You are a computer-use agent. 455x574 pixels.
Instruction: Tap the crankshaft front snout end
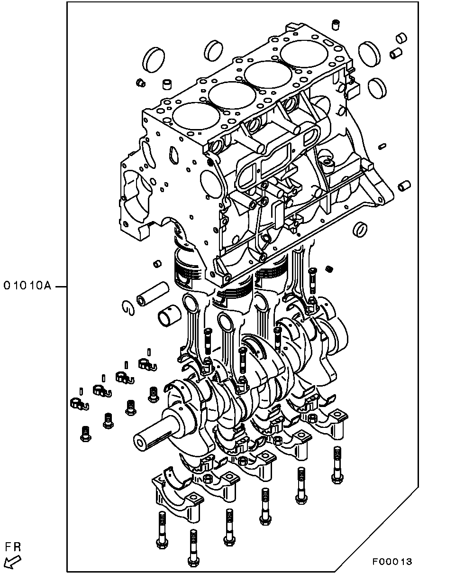(141, 444)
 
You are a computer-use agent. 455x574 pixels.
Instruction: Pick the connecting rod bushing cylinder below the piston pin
(168, 315)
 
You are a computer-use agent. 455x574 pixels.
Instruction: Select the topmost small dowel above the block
(336, 24)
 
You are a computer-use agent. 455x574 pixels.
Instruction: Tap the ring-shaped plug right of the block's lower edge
(360, 229)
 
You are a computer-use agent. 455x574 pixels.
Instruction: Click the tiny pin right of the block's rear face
(382, 146)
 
